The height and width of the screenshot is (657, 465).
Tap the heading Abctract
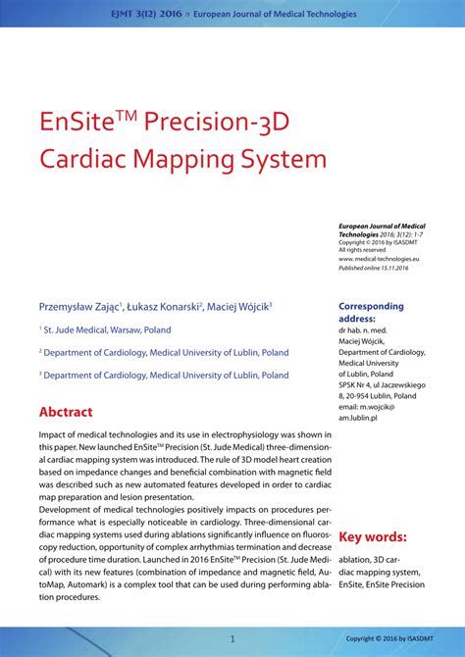click(66, 412)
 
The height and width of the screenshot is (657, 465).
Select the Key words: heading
click(372, 537)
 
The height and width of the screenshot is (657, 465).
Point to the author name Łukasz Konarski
click(162, 306)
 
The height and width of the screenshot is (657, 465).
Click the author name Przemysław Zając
click(77, 306)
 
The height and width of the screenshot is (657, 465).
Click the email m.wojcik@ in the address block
click(367, 406)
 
